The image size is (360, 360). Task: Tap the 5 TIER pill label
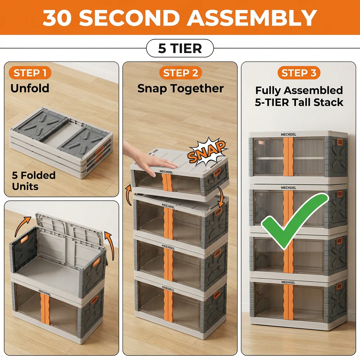180,48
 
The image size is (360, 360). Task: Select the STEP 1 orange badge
30,73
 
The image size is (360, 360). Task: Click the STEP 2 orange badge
180,73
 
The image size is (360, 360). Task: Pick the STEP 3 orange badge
298,73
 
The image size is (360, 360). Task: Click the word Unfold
30,88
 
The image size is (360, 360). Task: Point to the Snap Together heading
180,89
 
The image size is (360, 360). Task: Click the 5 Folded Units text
33,180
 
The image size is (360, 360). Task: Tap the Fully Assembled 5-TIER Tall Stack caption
299,96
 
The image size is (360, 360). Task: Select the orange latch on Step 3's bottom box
339,286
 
